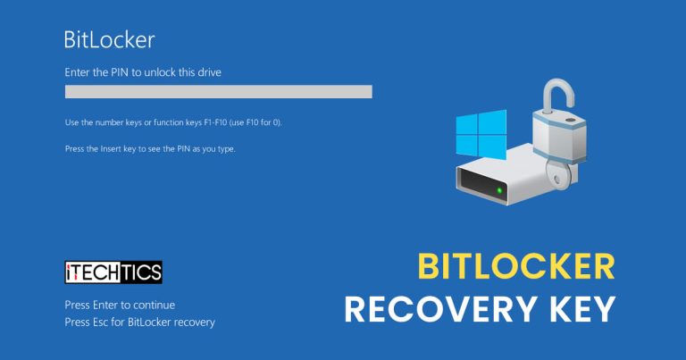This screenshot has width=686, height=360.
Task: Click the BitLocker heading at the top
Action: [x=109, y=39]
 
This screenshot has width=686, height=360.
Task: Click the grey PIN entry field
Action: [x=218, y=91]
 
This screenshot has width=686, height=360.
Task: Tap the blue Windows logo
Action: [x=481, y=135]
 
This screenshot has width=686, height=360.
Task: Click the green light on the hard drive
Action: [x=498, y=189]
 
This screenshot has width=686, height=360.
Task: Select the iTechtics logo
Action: [x=113, y=272]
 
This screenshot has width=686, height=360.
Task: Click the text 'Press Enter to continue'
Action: [x=120, y=305]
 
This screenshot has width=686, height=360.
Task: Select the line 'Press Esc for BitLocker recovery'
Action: [x=140, y=322]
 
